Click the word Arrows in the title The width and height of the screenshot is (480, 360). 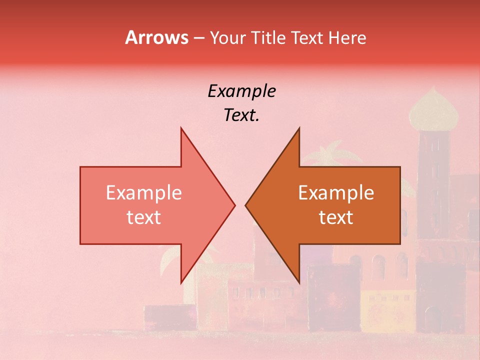(156, 37)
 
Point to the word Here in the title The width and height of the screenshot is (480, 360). (347, 38)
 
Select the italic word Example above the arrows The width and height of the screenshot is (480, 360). (241, 91)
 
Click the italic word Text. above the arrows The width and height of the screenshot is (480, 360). (241, 115)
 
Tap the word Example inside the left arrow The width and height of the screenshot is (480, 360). (144, 193)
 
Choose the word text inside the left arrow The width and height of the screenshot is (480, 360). (144, 217)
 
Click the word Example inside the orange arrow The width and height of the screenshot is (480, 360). (336, 193)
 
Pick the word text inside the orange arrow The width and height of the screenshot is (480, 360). (336, 217)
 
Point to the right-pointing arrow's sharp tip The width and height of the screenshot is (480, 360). (235, 205)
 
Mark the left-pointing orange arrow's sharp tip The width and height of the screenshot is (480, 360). (245, 205)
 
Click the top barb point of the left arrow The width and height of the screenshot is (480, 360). (181, 128)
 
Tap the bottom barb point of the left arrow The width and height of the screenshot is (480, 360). (181, 282)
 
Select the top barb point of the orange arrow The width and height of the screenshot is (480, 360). (299, 128)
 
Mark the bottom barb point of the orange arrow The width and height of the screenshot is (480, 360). (299, 282)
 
